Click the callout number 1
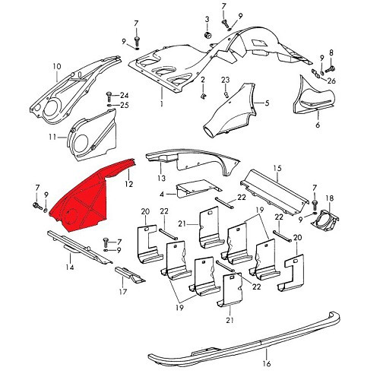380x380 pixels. pyautogui.click(x=161, y=103)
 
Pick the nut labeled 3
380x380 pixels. pyautogui.click(x=207, y=35)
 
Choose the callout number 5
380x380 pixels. pyautogui.click(x=267, y=103)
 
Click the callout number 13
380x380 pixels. pyautogui.click(x=161, y=179)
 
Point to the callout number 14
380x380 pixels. pyautogui.click(x=68, y=268)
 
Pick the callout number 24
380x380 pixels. pyautogui.click(x=125, y=96)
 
